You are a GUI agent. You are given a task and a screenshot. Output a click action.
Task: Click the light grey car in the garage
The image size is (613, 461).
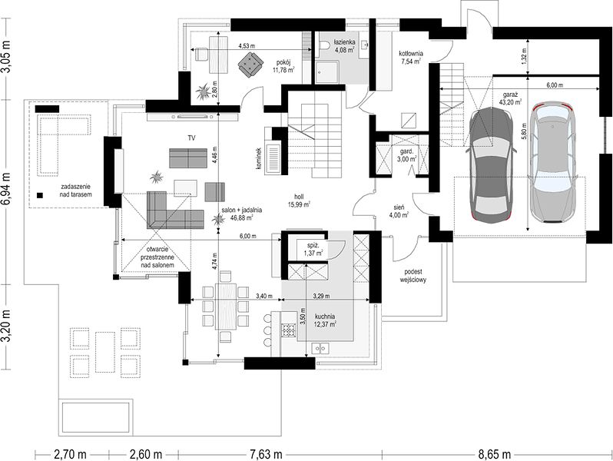(554, 162)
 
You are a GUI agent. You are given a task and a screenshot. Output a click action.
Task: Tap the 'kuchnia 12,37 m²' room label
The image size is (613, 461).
(326, 320)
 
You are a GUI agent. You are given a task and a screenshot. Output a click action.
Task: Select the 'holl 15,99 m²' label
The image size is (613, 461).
(300, 201)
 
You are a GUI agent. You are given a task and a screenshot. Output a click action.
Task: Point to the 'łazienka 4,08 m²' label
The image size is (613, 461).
(344, 46)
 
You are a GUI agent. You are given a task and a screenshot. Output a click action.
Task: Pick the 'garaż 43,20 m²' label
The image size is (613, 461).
(511, 98)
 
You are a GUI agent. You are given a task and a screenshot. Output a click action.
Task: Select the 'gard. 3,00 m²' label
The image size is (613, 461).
(406, 155)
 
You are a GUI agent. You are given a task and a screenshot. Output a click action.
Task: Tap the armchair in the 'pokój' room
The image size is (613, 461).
(250, 65)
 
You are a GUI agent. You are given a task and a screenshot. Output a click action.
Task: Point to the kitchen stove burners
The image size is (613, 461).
(289, 330)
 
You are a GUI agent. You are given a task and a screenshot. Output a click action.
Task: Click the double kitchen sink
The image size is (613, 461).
(320, 347)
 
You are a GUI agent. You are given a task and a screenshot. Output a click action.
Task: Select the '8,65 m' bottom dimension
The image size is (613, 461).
(494, 455)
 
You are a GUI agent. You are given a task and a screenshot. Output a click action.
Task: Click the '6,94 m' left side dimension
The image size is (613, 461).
(8, 191)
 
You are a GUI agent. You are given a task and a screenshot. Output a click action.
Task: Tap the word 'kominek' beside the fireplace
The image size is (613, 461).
(258, 159)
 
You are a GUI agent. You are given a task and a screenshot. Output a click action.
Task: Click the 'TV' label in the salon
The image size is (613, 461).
(191, 138)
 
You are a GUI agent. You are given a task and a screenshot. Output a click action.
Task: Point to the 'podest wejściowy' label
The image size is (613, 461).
(413, 276)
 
